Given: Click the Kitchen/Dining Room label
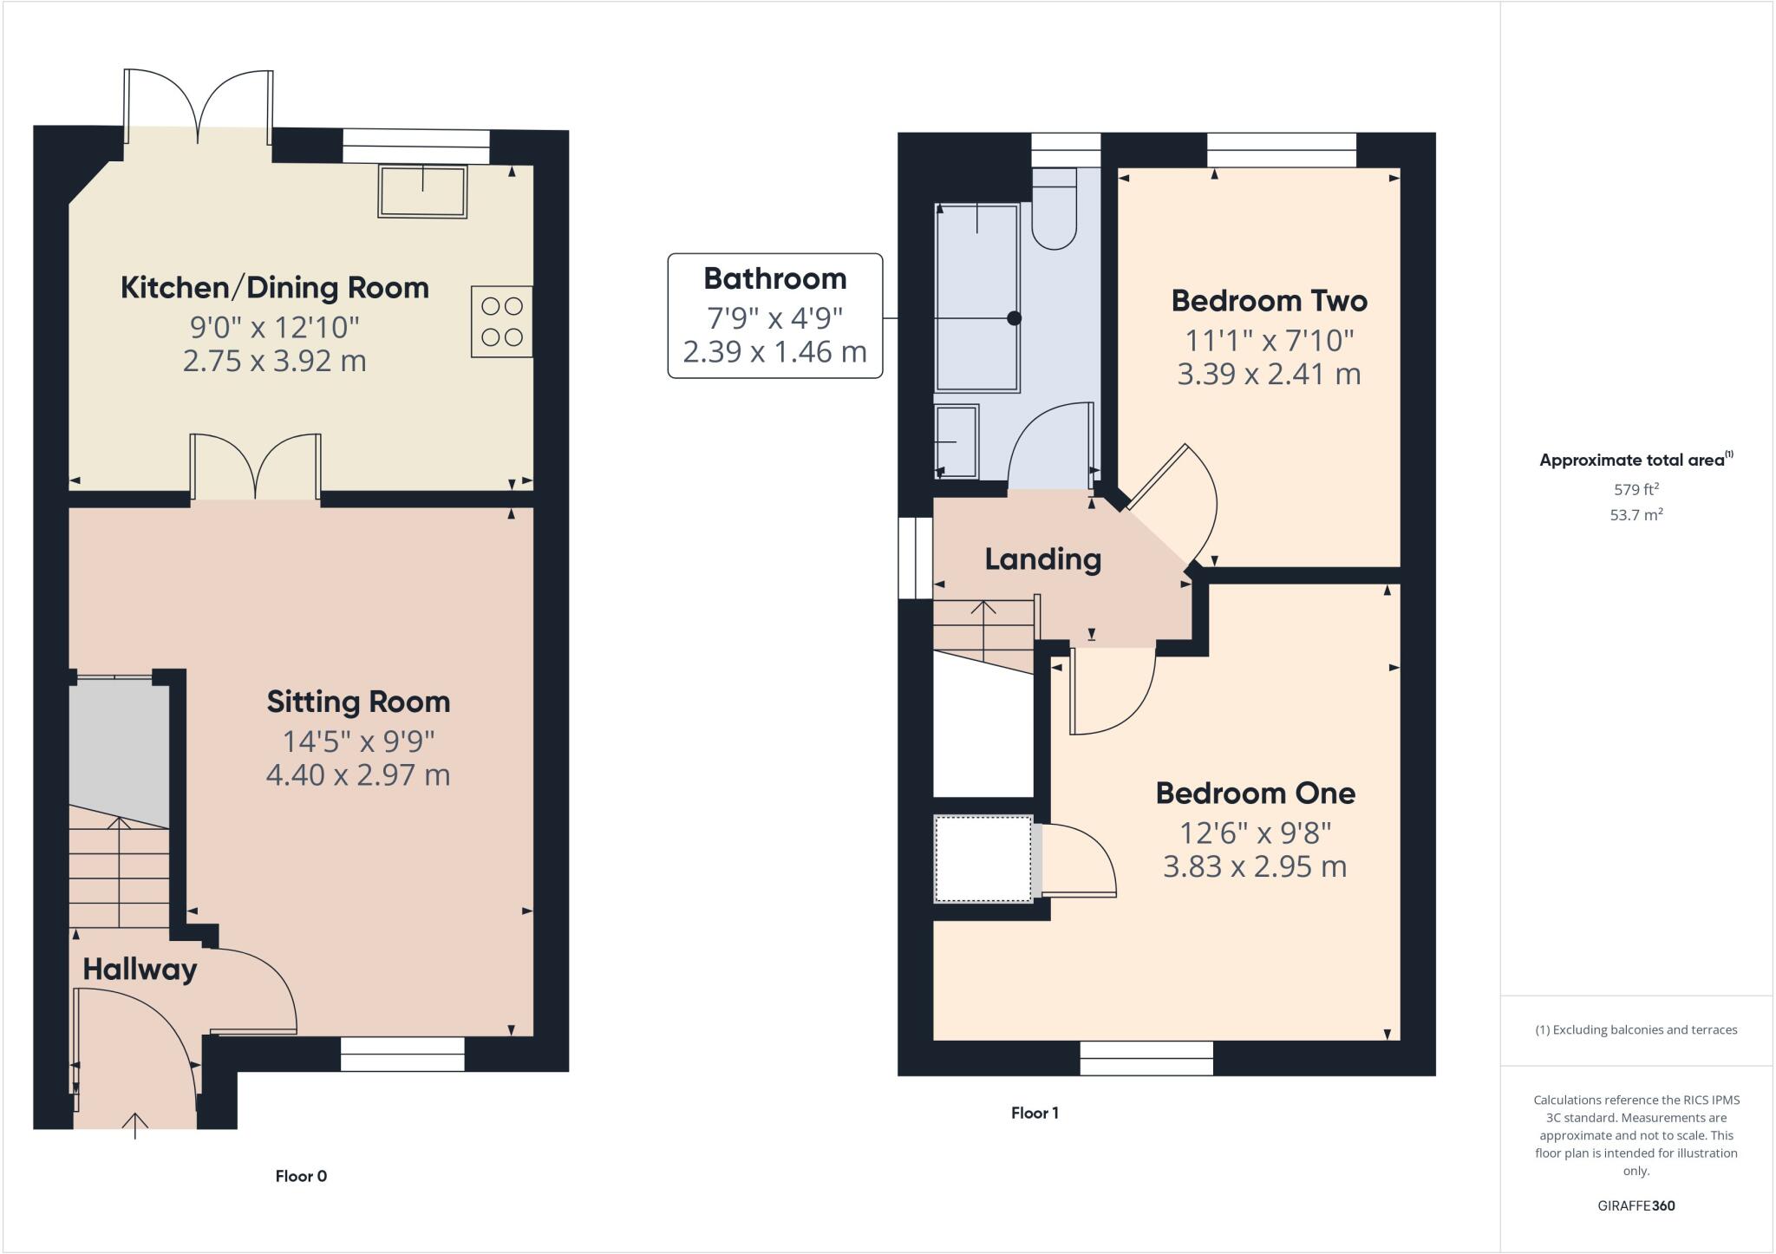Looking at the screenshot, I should (274, 287).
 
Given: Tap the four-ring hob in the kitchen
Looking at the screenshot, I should (501, 321).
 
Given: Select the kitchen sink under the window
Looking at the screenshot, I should (422, 191).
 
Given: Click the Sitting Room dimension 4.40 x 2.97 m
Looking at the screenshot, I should (357, 774).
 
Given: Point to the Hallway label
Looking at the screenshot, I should (140, 969).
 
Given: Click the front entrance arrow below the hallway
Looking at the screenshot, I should (135, 1125).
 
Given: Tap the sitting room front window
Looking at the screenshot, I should (402, 1054).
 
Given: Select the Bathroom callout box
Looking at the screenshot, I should (774, 316).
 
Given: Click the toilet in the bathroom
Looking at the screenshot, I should (1054, 212).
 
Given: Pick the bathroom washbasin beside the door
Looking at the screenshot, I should (957, 441).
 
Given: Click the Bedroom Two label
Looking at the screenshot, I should (1269, 301).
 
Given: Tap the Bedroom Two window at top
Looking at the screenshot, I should (1282, 150).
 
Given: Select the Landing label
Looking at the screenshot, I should (1042, 558).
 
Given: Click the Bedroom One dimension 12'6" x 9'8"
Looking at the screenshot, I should (1255, 833).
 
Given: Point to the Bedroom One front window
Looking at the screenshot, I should (1146, 1058).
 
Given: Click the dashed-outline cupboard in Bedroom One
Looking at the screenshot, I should (983, 859).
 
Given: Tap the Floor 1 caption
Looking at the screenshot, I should (1035, 1113).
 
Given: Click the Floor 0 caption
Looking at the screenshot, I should (301, 1176).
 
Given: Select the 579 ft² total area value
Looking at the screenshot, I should (1636, 489).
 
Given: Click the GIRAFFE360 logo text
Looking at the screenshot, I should (1636, 1205).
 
